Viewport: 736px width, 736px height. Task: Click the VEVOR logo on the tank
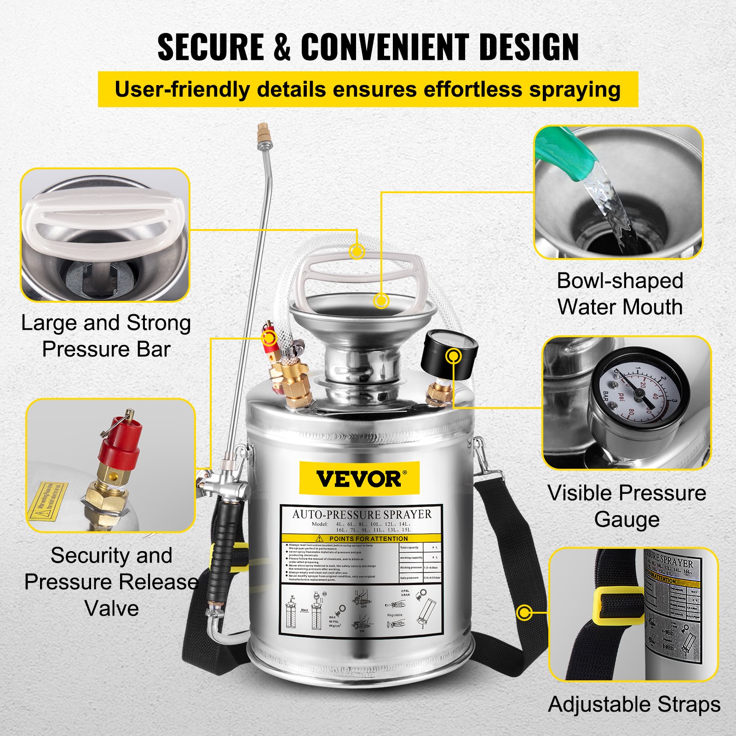(x=359, y=478)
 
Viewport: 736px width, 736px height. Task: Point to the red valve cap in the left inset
(x=121, y=442)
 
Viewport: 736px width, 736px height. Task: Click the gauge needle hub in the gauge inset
(x=638, y=393)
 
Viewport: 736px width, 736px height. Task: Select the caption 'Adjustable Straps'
(x=634, y=705)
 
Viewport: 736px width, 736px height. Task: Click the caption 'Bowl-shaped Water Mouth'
(x=620, y=294)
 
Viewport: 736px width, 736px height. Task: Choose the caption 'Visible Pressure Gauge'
(x=627, y=506)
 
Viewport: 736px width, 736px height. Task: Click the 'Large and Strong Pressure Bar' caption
(x=106, y=336)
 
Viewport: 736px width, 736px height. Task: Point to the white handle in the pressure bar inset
(x=103, y=216)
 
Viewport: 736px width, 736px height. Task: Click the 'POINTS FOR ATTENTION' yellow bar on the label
(x=362, y=538)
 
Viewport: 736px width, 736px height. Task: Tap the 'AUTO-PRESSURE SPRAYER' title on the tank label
(x=362, y=514)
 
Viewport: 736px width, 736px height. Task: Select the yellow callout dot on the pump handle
(x=357, y=251)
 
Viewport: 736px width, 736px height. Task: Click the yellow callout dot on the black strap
(x=524, y=613)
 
